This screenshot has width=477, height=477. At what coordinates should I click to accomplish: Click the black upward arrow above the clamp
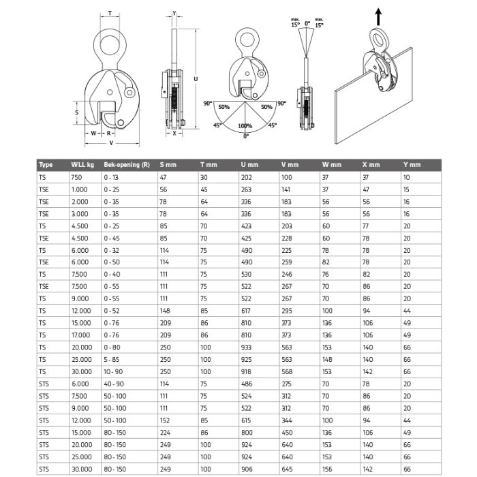[378, 17]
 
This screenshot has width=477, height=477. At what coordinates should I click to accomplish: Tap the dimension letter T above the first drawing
[110, 13]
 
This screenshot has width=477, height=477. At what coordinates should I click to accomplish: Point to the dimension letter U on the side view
[196, 79]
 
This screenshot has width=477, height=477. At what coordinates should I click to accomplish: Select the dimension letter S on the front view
[76, 112]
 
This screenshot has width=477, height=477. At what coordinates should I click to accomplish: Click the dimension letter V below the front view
[111, 142]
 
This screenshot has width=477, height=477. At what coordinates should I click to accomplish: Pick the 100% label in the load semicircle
[245, 125]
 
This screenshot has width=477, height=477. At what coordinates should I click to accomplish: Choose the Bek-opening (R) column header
[127, 165]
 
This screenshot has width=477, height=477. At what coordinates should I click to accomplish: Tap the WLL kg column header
[82, 165]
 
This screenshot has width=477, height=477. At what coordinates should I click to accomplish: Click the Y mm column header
[412, 165]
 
